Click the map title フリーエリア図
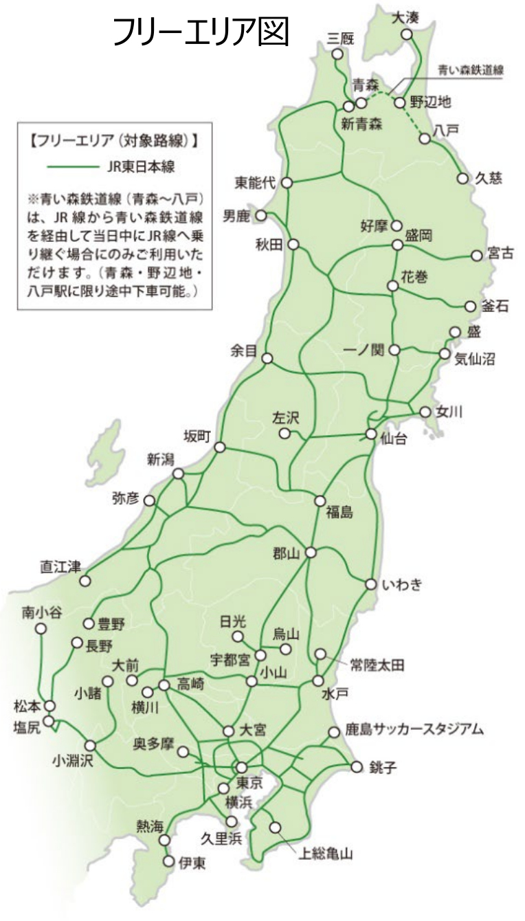pos(201,32)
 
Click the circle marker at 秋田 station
pos(294,244)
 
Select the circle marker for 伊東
pos(169,861)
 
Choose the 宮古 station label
pos(499,254)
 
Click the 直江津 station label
pos(60,568)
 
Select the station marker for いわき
pos(370,585)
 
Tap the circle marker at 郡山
pos(311,552)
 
